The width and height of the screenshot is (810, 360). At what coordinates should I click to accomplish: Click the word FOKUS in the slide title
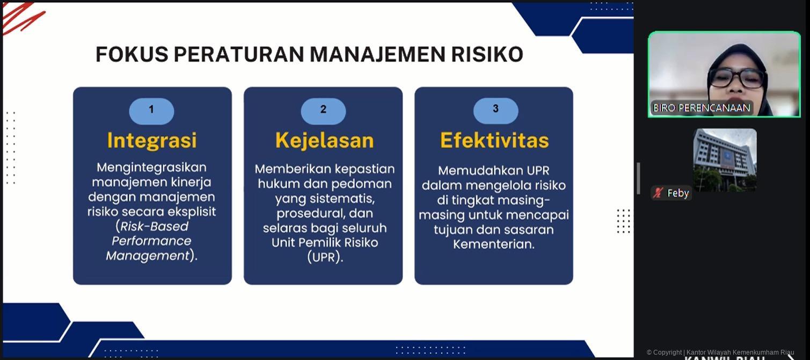tap(132, 54)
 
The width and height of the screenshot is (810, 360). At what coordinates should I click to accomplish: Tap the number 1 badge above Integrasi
tap(151, 111)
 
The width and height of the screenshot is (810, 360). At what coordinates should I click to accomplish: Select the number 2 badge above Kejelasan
tap(323, 111)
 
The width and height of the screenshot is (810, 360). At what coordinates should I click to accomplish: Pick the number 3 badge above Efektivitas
tap(496, 111)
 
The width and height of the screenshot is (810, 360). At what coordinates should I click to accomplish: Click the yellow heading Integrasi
tap(152, 140)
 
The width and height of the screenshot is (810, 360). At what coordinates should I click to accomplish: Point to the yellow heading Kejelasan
tap(324, 140)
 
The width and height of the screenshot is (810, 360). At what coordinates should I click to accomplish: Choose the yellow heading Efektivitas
tap(494, 140)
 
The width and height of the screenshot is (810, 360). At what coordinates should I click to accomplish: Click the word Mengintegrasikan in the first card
tap(151, 168)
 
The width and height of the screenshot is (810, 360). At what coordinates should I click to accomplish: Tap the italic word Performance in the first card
tap(151, 241)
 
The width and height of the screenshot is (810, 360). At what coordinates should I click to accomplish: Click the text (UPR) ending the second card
tap(324, 257)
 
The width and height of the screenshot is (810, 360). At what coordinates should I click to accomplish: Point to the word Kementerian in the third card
tap(494, 244)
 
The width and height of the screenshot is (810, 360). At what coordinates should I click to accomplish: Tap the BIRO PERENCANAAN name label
tap(702, 108)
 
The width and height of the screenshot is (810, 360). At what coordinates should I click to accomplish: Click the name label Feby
tap(677, 193)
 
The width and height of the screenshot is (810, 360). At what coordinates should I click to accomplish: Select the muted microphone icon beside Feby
tap(658, 193)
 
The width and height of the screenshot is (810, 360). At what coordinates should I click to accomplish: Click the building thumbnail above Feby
tap(725, 160)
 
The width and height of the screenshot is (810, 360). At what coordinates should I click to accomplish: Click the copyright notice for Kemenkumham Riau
tap(720, 352)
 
